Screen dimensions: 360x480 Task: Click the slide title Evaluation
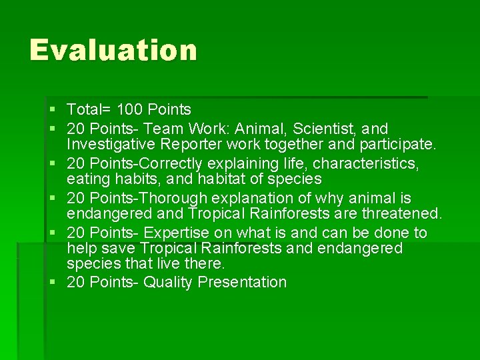pos(113,51)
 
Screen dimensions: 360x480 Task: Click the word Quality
pos(167,282)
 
